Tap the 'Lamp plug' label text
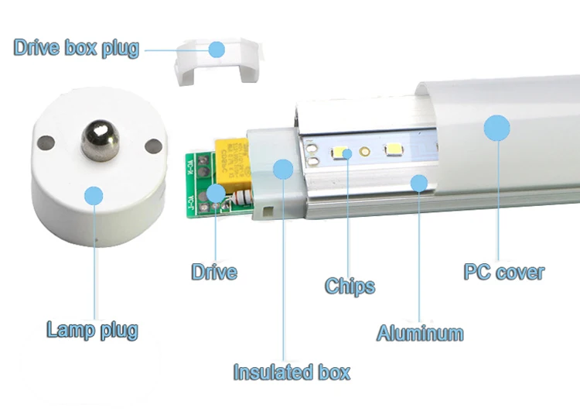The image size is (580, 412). pos(92,330)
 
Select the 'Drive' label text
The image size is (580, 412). pos(214,272)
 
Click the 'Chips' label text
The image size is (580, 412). pos(350,286)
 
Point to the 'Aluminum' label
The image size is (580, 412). pos(420,333)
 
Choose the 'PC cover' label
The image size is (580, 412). pos(503,273)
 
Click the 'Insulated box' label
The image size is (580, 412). pos(292,372)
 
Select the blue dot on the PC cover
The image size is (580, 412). pos(497,128)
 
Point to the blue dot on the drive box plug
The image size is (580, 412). pos(217,50)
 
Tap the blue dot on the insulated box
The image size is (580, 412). pos(282,169)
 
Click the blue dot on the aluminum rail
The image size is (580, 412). pos(419,183)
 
